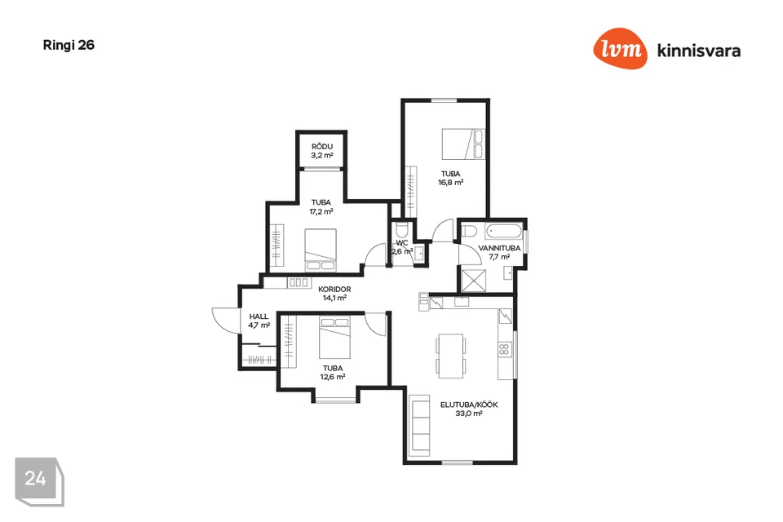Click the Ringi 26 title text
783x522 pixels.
69,46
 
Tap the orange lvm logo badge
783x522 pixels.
620,48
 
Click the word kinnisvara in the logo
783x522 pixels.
699,51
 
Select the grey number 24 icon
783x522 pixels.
39,481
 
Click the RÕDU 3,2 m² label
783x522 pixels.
322,151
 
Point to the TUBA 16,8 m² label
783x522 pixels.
450,179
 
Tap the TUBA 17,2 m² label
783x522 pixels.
321,207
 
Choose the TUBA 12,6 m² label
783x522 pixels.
333,373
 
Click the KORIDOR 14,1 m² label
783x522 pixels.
334,294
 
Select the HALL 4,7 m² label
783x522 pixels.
259,321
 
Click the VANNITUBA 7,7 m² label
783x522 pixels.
499,252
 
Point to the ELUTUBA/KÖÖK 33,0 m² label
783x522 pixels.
469,409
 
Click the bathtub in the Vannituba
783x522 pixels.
504,232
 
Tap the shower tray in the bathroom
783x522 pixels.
473,280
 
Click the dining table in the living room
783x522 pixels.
451,356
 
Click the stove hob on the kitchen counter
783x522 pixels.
504,349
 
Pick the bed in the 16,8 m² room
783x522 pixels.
463,144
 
